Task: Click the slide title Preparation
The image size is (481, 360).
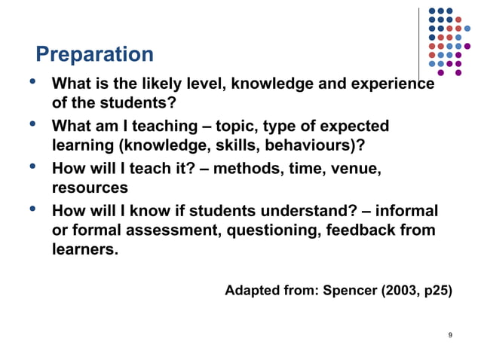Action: (x=94, y=55)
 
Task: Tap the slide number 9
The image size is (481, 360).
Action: (x=449, y=334)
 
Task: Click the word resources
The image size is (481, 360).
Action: (x=89, y=187)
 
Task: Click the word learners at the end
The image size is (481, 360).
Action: (x=84, y=249)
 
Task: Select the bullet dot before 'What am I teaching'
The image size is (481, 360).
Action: (x=32, y=124)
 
